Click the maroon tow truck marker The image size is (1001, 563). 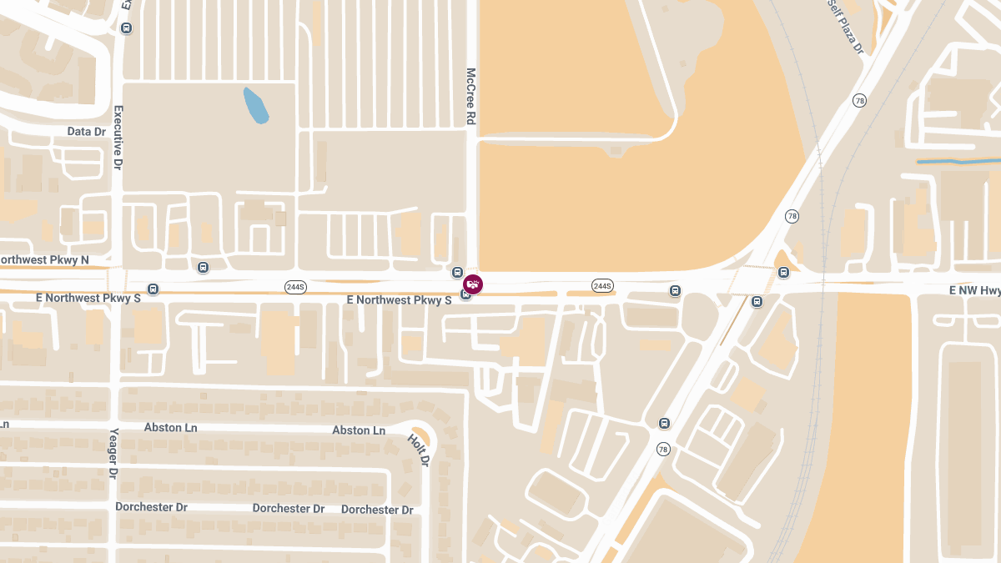473,284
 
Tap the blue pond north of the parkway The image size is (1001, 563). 255,106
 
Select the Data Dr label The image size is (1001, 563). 87,132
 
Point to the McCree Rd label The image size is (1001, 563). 470,97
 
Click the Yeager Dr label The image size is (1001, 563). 114,454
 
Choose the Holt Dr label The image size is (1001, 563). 419,450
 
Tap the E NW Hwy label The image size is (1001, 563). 974,290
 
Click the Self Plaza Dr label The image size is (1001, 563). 845,27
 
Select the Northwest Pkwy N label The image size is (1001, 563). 43,260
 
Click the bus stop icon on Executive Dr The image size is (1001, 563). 127,28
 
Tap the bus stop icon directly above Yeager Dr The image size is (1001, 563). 153,289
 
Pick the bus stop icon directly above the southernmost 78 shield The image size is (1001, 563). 664,424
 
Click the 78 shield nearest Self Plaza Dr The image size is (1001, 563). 859,101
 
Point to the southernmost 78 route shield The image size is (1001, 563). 663,450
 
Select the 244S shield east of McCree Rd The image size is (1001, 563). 602,286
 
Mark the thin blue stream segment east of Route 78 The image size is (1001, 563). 958,160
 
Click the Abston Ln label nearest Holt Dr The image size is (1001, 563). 359,430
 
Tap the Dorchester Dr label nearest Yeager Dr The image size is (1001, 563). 151,507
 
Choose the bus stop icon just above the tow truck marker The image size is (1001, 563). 457,272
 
